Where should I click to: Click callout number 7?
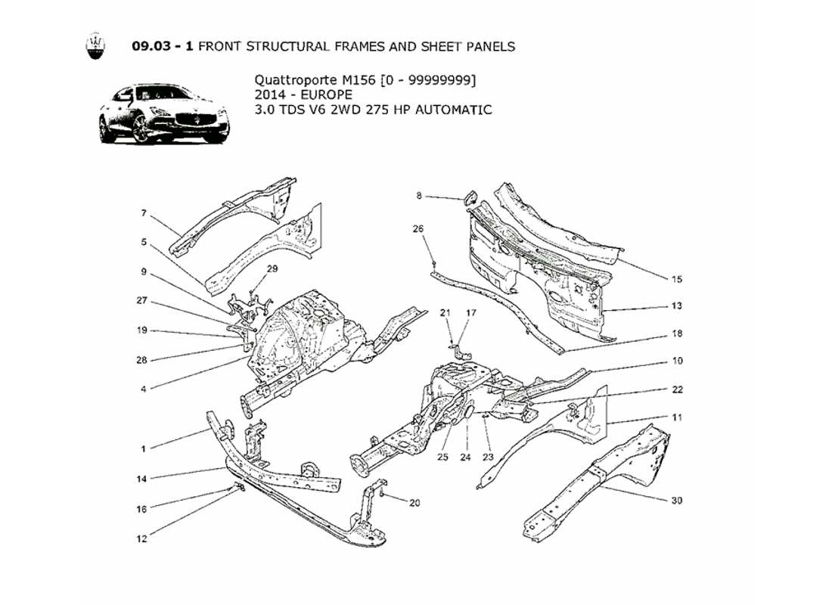pos(144,214)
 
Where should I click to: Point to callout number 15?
pos(676,279)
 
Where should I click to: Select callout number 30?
pos(676,501)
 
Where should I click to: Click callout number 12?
pos(142,539)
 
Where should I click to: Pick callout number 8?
pos(418,196)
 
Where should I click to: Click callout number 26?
pos(418,228)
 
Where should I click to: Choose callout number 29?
pos(272,268)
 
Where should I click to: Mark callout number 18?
pos(676,334)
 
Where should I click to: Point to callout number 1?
pos(143,448)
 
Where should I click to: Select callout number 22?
pos(676,389)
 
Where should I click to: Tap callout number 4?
pos(143,389)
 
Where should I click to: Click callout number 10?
pos(676,361)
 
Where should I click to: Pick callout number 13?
pos(676,306)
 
